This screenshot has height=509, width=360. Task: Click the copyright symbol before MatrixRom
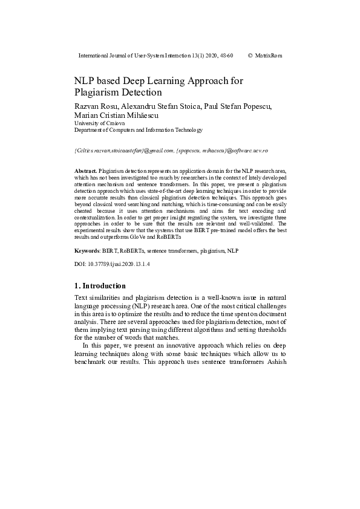[x=250, y=56]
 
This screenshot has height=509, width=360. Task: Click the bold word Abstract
[x=85, y=172]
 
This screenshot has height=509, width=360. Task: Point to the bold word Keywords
[x=87, y=249]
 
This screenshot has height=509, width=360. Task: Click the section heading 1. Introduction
[x=100, y=285]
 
